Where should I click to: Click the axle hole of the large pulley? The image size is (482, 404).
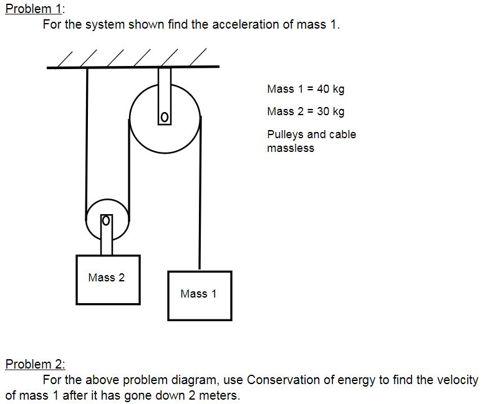click(164, 117)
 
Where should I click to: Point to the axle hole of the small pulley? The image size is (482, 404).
click(106, 220)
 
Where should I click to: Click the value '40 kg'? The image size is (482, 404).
click(330, 88)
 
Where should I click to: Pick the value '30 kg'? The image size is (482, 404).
click(330, 111)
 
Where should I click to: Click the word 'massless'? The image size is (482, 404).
click(290, 148)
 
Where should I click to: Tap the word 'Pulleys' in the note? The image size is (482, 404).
click(284, 134)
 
